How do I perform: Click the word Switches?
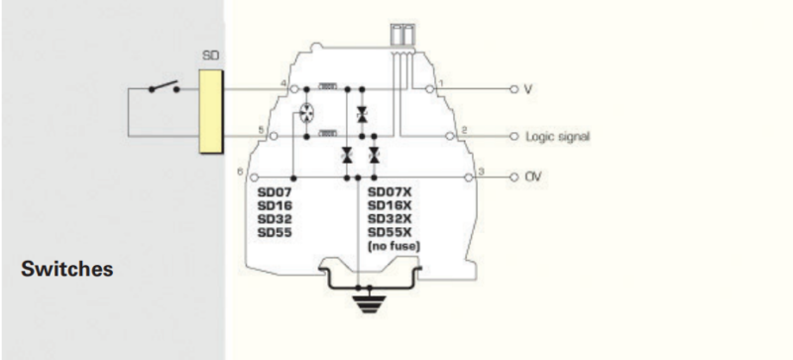click(x=67, y=270)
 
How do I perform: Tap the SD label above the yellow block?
click(x=210, y=57)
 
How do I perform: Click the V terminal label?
click(x=528, y=89)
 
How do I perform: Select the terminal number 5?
click(x=260, y=130)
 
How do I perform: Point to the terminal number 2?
click(x=464, y=130)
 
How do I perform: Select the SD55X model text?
click(x=390, y=231)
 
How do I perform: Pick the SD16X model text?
click(x=390, y=204)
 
